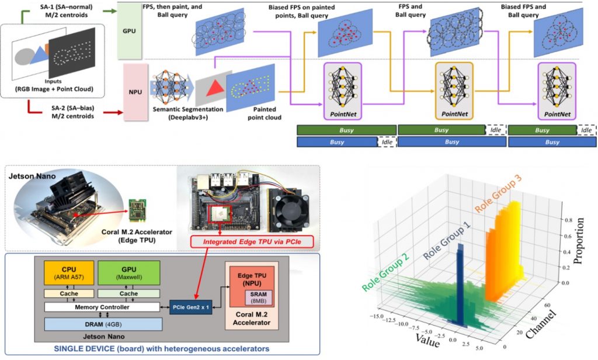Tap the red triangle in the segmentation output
[x=213, y=89]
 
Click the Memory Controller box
[x=102, y=306]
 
